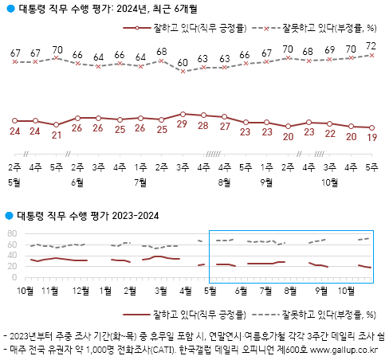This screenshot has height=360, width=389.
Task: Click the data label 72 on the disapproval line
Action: click(371, 46)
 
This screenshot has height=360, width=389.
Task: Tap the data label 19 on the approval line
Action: click(371, 137)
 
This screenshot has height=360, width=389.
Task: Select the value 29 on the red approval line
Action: click(183, 126)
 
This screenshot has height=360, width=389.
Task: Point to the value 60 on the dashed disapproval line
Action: click(183, 62)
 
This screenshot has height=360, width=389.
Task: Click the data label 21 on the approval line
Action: click(57, 135)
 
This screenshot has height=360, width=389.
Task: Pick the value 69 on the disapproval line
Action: click(329, 51)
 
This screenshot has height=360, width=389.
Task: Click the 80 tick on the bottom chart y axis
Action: click(11, 234)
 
